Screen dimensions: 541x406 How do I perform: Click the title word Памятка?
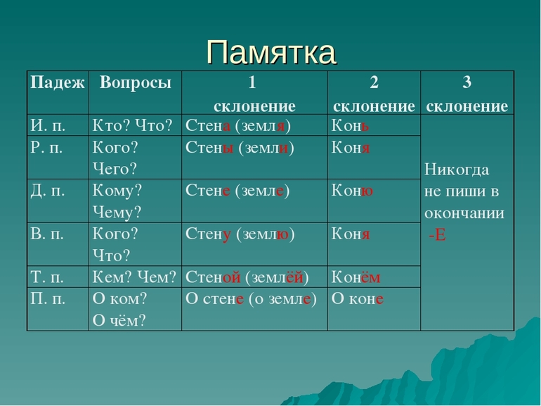270,52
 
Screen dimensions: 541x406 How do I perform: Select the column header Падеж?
58,83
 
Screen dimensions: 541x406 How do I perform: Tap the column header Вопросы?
135,83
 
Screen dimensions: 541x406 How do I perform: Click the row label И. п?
48,125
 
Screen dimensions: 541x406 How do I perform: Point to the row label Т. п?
47,277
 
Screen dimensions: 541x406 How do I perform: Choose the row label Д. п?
48,191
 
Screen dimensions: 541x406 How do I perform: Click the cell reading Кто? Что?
132,125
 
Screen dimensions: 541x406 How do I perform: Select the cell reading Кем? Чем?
134,277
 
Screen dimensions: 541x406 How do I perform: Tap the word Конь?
350,125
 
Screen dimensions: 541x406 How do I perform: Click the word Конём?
356,277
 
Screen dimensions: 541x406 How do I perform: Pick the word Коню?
352,191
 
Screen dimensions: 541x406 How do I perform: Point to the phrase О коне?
358,299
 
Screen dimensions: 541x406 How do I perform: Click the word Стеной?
213,277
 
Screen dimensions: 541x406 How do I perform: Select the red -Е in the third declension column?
437,235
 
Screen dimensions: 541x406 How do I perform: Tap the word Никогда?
457,170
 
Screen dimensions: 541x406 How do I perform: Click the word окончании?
464,213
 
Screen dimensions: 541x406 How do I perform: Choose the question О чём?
119,320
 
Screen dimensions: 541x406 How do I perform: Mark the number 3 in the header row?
467,82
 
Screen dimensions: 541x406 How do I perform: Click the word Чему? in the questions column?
117,212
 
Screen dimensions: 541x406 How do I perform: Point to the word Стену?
208,234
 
